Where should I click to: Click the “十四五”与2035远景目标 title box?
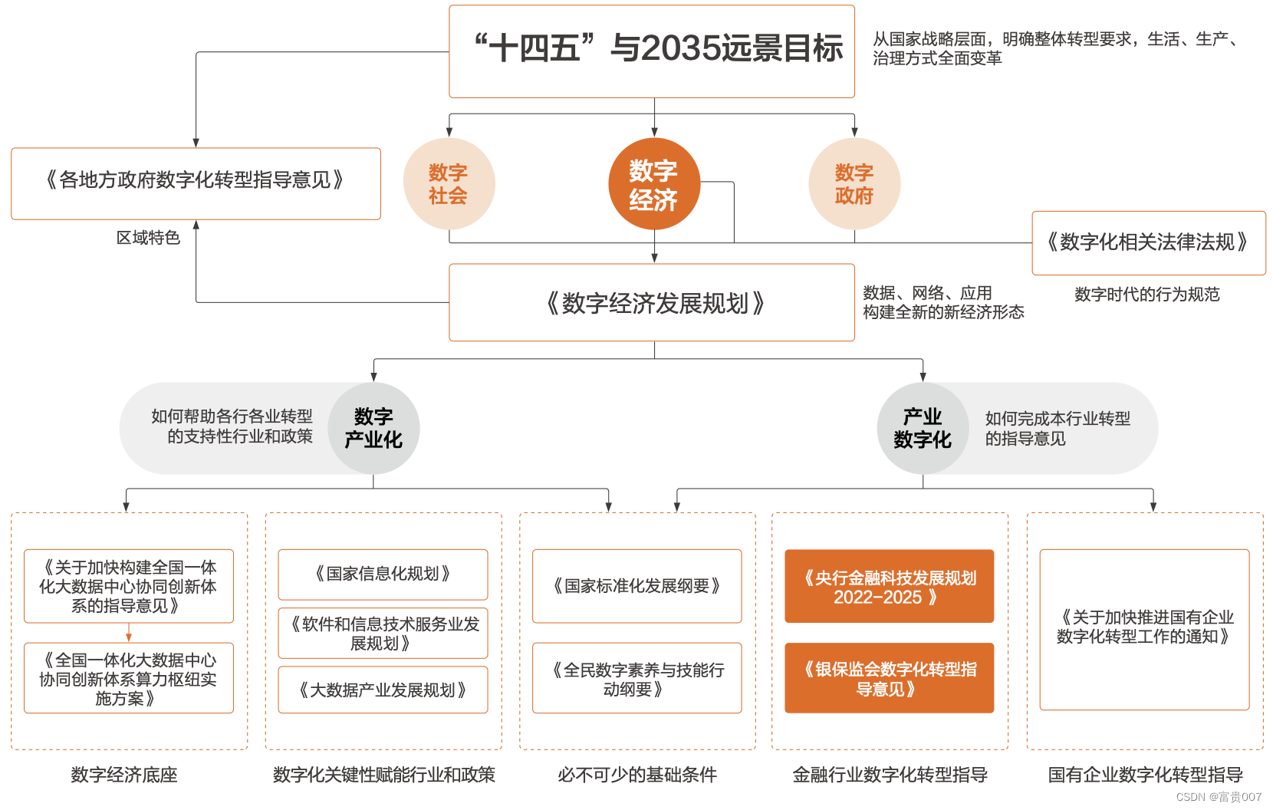point(651,51)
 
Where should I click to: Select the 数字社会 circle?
point(449,184)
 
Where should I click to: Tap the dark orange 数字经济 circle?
point(653,184)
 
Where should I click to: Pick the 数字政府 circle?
point(854,184)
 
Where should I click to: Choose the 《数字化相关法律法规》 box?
point(1148,242)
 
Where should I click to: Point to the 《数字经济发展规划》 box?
point(651,303)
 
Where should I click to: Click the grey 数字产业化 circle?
point(373,428)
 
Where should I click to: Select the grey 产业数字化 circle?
point(923,428)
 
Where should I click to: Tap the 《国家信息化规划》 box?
point(383,574)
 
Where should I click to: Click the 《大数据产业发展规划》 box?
point(383,690)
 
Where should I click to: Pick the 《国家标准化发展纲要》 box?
point(636,586)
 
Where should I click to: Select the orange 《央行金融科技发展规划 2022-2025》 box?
point(889,587)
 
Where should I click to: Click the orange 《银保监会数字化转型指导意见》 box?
point(889,678)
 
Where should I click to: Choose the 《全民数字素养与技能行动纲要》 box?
point(636,678)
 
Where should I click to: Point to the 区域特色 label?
point(148,238)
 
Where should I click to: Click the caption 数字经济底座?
point(124,775)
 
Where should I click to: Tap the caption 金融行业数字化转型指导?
point(890,775)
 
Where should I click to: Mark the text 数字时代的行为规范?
point(1146,295)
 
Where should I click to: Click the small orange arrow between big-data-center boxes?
point(129,634)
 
